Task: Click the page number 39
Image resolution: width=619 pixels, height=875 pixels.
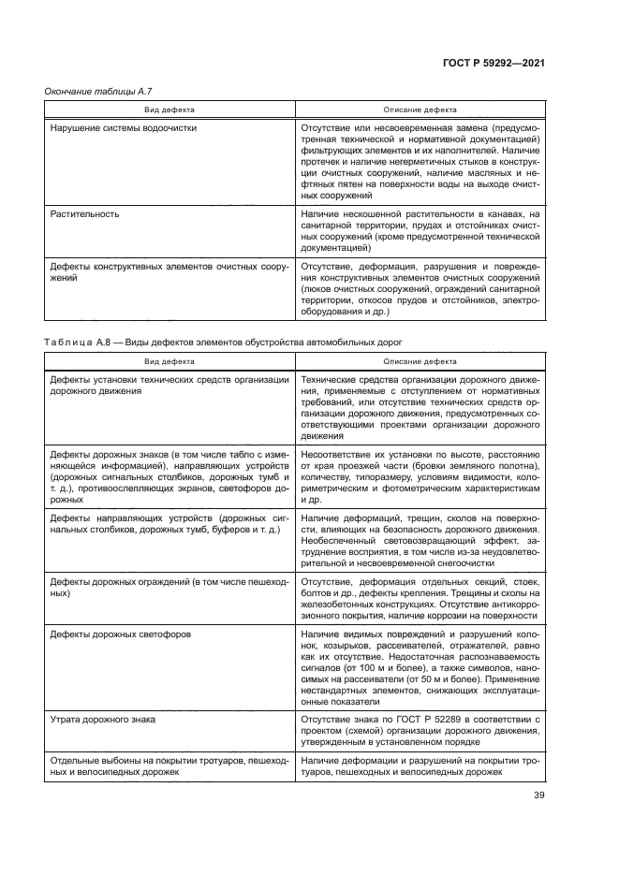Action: point(538,798)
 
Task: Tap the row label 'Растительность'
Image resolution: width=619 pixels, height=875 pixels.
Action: point(84,212)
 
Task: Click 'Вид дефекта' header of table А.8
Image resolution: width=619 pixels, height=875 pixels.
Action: point(169,360)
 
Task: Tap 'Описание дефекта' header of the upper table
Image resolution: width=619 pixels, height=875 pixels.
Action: point(420,108)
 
